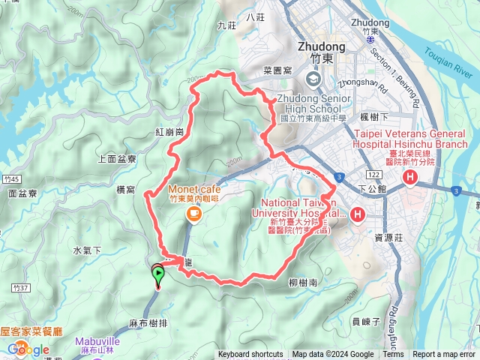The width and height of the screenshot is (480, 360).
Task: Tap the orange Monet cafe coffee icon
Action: [x=193, y=214]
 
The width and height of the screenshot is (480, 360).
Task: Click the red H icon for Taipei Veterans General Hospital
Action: [x=411, y=177]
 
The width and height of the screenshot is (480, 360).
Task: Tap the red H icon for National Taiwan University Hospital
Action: [x=358, y=215]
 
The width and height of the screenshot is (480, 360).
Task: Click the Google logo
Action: [x=29, y=349]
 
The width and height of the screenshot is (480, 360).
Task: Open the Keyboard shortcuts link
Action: [x=250, y=355]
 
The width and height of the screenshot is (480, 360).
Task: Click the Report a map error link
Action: [x=444, y=355]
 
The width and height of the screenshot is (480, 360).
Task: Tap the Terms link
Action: [x=393, y=355]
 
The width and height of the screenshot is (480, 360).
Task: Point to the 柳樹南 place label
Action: [x=302, y=283]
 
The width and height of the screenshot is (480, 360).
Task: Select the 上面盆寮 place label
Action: [x=118, y=159]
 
